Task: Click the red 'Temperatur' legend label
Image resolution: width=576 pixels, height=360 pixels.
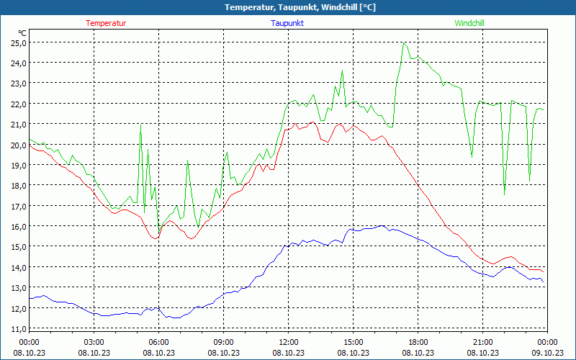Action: click(106, 23)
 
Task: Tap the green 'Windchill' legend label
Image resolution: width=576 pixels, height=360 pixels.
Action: click(469, 23)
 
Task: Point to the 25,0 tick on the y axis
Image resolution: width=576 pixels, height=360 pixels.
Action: click(18, 42)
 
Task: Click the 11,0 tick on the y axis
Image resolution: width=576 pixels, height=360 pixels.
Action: click(18, 328)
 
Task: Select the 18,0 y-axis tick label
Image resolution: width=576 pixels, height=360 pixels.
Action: click(18, 186)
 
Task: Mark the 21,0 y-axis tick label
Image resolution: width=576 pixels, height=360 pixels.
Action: click(18, 125)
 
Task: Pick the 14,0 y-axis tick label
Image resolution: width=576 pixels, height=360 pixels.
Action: click(18, 267)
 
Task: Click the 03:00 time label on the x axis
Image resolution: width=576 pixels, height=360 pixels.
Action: click(94, 342)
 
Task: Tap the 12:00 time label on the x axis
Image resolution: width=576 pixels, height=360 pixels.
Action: click(288, 342)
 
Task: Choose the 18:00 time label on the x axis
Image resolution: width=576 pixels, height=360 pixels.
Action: click(418, 342)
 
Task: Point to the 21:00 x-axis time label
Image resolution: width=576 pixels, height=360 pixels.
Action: click(482, 342)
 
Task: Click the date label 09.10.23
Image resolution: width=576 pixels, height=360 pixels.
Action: click(547, 353)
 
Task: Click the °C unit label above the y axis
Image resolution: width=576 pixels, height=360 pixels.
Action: click(22, 33)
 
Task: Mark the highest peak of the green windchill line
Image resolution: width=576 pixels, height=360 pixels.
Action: click(405, 43)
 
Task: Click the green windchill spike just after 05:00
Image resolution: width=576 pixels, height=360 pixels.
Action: click(140, 126)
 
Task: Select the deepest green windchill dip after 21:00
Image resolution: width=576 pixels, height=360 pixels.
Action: click(504, 194)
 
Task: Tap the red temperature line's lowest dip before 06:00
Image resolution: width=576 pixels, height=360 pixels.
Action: click(154, 238)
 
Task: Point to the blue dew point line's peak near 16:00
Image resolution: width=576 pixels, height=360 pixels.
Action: click(381, 226)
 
